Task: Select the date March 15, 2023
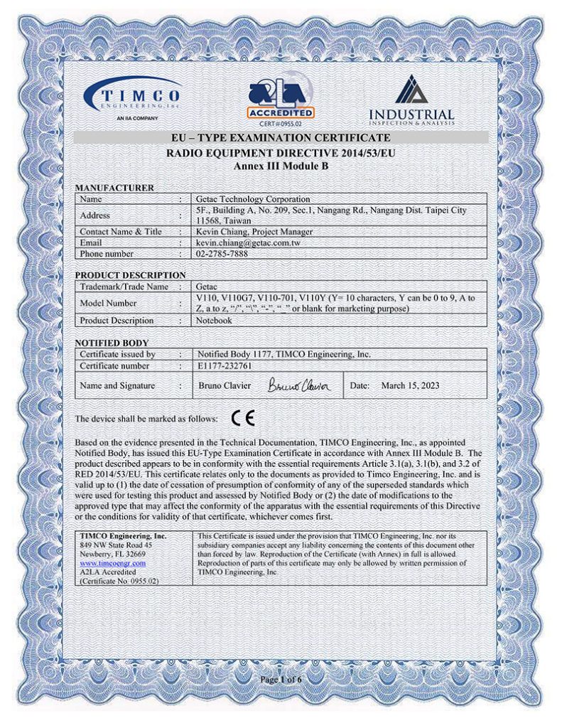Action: tap(410, 385)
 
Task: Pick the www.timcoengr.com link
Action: tap(112, 563)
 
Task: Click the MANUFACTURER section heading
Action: tap(114, 188)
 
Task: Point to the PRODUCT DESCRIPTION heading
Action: tap(130, 275)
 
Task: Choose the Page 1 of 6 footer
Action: tap(281, 680)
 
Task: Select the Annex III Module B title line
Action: tap(281, 165)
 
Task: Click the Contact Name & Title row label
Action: tap(121, 232)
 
